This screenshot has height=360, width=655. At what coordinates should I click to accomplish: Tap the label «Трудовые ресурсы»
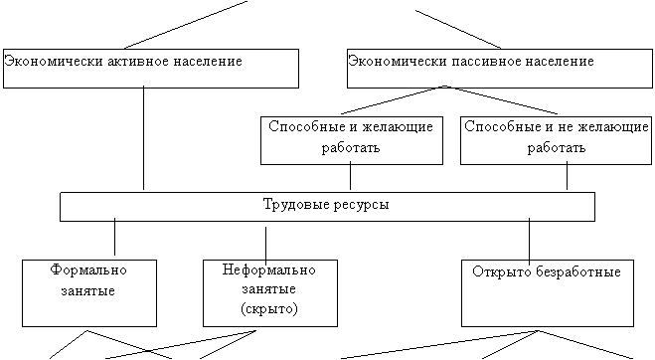click(326, 205)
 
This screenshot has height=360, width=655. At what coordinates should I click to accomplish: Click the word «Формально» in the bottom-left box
click(88, 270)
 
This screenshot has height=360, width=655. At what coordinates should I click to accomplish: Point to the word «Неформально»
click(268, 270)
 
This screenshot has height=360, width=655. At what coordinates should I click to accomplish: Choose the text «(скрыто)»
click(269, 309)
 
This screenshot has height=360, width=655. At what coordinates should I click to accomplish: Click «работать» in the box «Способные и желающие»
click(351, 147)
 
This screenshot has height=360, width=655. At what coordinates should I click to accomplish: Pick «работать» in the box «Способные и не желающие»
click(556, 147)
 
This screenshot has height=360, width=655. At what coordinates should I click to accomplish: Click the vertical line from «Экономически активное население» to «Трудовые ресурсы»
click(144, 138)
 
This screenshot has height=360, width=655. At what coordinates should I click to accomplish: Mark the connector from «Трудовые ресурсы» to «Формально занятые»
click(115, 237)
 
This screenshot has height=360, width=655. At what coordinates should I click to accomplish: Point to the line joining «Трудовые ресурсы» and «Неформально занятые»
click(265, 246)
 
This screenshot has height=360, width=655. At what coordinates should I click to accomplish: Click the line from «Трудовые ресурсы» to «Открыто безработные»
click(529, 242)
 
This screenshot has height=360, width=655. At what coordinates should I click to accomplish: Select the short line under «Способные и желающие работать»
click(350, 176)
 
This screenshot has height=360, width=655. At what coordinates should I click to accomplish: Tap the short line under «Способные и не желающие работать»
click(567, 176)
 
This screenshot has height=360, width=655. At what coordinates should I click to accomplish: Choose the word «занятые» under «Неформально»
click(269, 289)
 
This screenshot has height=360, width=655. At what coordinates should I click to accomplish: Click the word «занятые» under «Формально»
click(88, 291)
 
